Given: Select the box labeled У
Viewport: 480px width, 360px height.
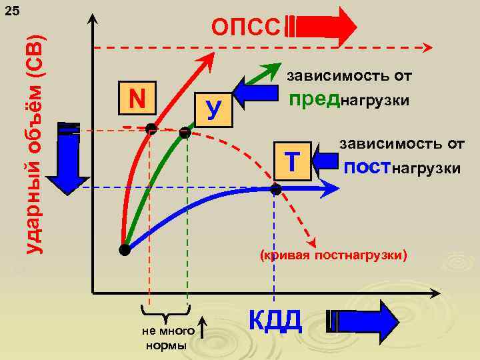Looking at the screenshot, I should click(213, 109).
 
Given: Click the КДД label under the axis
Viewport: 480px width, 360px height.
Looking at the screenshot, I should click(276, 321).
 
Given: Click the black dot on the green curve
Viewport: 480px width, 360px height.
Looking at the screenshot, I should click(185, 133).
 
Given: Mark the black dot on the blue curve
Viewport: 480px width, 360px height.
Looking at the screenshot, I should click(276, 189).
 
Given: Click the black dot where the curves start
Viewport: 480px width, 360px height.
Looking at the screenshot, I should click(124, 250).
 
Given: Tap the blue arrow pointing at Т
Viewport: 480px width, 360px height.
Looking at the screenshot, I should click(325, 162).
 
